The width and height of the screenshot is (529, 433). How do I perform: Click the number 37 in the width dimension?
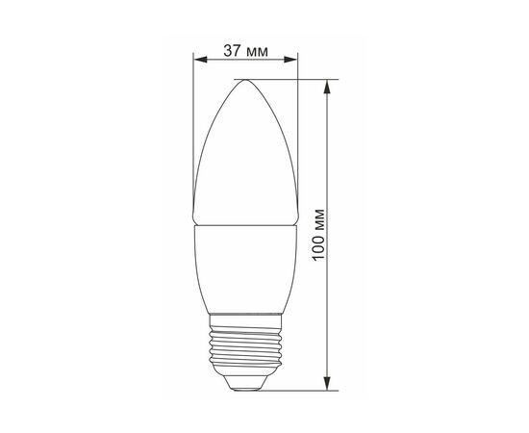pyautogui.click(x=232, y=51)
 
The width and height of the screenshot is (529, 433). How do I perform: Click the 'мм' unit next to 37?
pyautogui.click(x=257, y=52)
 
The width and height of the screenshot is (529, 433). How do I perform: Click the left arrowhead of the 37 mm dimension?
pyautogui.click(x=200, y=60)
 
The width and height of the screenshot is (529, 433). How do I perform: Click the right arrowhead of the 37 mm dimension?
pyautogui.click(x=290, y=60)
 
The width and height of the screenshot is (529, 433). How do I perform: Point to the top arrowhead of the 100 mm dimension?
pyautogui.click(x=327, y=87)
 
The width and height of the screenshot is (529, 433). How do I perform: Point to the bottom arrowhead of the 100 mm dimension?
pyautogui.click(x=327, y=383)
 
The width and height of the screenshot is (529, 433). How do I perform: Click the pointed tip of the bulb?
pyautogui.click(x=245, y=80)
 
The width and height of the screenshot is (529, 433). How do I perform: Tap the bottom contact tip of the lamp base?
pyautogui.click(x=245, y=389)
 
